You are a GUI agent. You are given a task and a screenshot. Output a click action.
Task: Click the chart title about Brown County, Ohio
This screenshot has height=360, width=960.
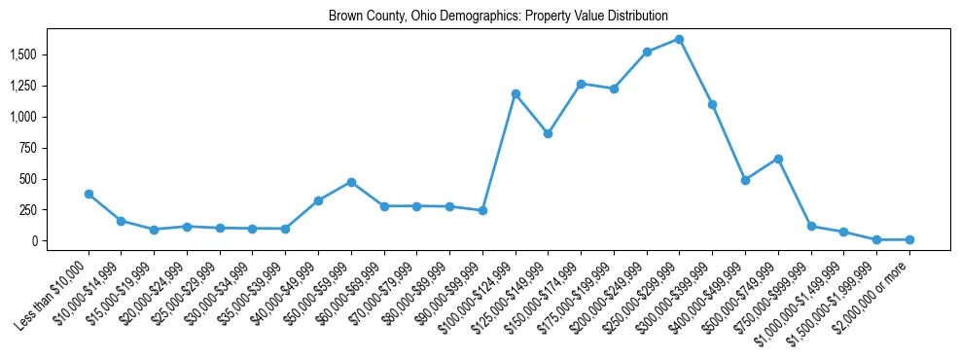pyautogui.click(x=498, y=16)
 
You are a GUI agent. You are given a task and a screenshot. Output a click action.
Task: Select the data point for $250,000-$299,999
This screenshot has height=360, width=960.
pyautogui.click(x=679, y=39)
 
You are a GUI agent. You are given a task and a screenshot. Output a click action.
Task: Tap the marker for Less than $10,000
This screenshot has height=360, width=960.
pyautogui.click(x=89, y=194)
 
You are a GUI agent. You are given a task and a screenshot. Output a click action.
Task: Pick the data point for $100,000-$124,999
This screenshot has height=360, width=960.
pyautogui.click(x=516, y=93)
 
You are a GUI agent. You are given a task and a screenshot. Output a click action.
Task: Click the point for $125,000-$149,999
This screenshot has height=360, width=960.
pyautogui.click(x=548, y=133)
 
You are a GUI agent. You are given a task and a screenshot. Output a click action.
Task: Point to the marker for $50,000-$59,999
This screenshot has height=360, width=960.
pyautogui.click(x=351, y=182)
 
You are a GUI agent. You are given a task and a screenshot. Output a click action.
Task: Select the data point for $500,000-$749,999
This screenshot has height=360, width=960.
pyautogui.click(x=778, y=159)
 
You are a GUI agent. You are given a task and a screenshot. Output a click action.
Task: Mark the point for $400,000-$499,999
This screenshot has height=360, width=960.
pyautogui.click(x=745, y=180)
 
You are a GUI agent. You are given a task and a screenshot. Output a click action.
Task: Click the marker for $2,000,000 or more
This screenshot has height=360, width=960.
pyautogui.click(x=909, y=239)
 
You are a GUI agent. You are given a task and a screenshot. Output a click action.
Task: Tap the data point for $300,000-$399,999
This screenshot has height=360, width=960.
pyautogui.click(x=712, y=104)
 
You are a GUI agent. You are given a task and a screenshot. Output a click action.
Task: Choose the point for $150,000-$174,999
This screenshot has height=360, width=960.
pyautogui.click(x=581, y=84)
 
